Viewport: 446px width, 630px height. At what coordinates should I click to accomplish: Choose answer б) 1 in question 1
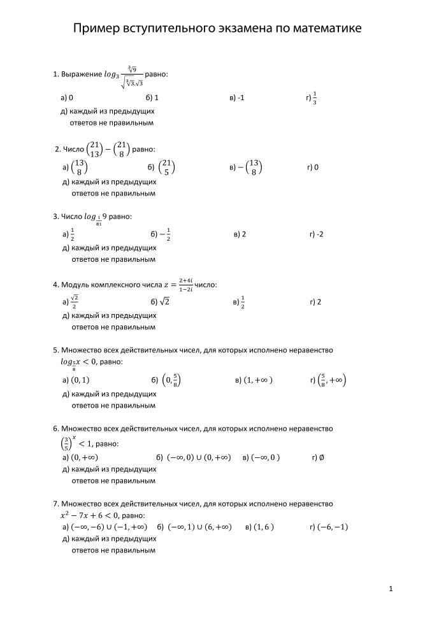click(152, 99)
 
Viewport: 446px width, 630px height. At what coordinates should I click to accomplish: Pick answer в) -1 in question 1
click(236, 99)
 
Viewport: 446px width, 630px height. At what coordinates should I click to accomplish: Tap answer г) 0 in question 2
click(313, 168)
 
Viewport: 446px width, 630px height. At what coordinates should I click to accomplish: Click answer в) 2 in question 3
click(240, 234)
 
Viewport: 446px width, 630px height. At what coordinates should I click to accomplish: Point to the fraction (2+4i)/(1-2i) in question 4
click(185, 284)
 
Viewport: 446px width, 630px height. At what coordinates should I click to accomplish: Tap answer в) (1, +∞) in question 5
click(254, 380)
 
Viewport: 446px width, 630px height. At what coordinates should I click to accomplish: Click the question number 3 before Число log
click(55, 217)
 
